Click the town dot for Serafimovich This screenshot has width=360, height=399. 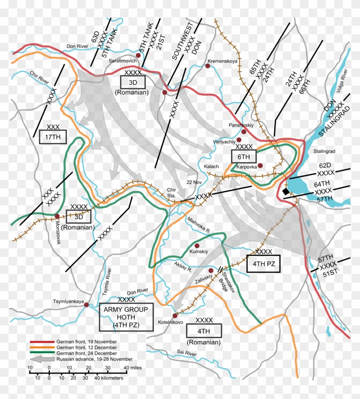[138, 55]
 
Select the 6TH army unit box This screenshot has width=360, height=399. [243, 156]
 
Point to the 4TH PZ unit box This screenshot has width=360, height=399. [263, 263]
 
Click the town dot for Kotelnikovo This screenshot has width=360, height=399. [175, 316]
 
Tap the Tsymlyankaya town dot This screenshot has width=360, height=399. [86, 305]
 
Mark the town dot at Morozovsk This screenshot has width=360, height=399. [57, 216]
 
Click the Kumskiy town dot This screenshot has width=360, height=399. [197, 246]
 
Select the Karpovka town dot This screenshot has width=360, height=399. [260, 166]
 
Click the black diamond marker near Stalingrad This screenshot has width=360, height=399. [286, 191]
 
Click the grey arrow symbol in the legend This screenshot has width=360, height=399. [42, 359]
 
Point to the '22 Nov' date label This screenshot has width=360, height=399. [194, 182]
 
